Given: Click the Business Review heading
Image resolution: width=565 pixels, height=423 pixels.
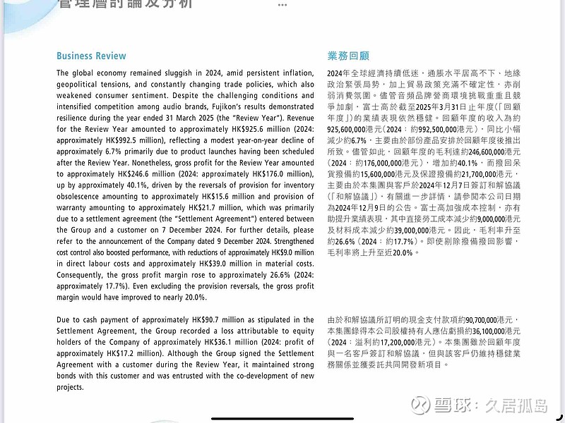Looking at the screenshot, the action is click(x=91, y=56).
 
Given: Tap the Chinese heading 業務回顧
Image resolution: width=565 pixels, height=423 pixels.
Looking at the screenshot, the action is click(x=348, y=56).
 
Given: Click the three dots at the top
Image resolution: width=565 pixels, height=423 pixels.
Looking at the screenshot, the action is click(x=282, y=4).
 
